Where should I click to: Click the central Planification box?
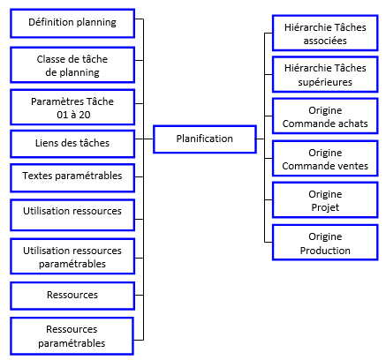(x=205, y=139)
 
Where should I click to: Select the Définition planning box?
(x=72, y=23)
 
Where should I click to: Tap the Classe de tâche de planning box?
(x=72, y=64)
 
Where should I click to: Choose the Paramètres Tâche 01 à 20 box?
(x=72, y=108)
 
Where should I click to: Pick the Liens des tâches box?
(x=72, y=144)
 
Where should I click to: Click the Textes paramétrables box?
(x=72, y=178)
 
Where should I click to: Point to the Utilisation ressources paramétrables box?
(x=72, y=257)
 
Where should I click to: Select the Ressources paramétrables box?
(x=72, y=336)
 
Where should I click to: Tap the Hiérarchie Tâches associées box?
(x=325, y=34)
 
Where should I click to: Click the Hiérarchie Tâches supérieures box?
(x=325, y=74)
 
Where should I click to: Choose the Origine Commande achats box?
(x=325, y=116)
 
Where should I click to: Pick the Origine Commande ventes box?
(x=325, y=159)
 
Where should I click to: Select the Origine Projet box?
(x=325, y=200)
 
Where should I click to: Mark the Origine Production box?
(x=325, y=243)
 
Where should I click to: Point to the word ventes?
(x=352, y=166)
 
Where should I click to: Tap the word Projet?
(x=325, y=207)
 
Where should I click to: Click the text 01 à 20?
(x=73, y=115)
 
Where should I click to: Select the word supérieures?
(x=325, y=82)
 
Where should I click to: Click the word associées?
(x=325, y=41)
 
